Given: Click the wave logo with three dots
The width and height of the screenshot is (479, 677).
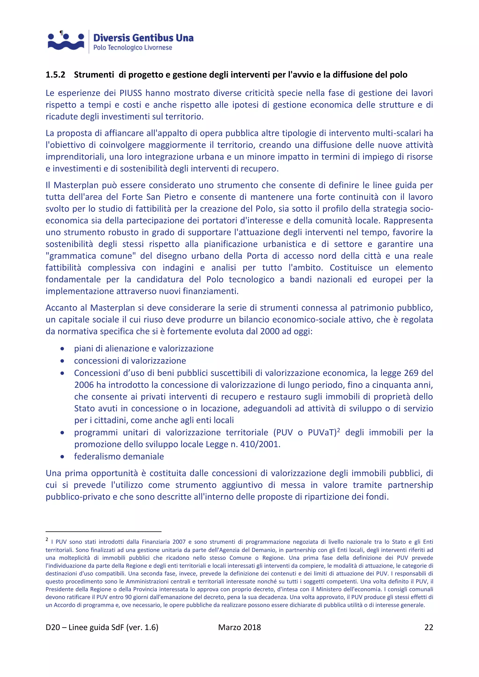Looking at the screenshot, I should point(66,42).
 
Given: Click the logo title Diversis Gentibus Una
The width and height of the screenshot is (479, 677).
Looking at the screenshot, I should point(143,38).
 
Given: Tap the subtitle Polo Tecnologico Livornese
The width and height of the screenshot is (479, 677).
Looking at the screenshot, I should point(132,47).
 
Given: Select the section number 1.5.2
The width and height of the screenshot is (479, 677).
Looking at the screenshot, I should point(55,75).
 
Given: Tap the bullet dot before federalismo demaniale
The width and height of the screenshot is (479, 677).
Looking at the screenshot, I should point(62,457).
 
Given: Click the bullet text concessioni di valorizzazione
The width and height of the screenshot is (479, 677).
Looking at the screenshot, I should point(130,361).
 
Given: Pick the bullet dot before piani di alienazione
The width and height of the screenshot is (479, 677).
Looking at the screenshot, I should point(62,349).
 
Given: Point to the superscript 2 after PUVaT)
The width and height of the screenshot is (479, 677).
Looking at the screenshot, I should point(339,430).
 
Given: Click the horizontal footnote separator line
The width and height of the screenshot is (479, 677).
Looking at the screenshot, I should point(103,531).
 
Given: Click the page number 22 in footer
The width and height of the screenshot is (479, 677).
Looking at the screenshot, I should point(428,627).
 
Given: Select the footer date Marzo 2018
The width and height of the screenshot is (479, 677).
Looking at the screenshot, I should point(239,627).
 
